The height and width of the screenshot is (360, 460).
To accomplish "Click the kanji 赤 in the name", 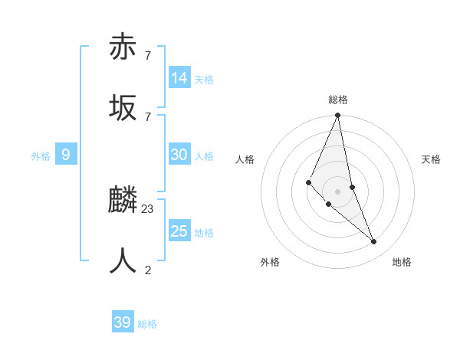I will point(123,47).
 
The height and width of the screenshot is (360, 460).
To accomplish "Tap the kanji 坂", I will point(123,108).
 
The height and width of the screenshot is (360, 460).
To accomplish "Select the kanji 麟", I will point(123,200).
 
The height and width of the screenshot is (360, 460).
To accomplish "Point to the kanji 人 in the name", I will point(123,261).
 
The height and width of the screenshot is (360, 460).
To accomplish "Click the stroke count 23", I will point(148,208).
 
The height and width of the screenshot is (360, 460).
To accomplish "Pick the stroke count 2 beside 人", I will point(148,270).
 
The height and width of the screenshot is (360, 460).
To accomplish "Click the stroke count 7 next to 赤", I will point(148,55).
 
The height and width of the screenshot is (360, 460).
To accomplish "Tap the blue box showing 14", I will point(179,78).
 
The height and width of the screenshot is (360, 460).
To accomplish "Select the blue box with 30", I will point(179,155).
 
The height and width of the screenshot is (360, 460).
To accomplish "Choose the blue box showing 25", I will point(179,231).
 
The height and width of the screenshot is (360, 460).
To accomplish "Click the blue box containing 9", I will point(66,155).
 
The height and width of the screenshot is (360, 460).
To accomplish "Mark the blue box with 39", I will point(123,322).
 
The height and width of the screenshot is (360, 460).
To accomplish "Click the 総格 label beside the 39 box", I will point(147,324).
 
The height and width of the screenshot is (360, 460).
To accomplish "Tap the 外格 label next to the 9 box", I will point(41,156).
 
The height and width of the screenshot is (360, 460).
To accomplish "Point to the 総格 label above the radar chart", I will point(338,100).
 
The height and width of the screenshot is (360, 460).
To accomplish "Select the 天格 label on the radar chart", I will point(431,159).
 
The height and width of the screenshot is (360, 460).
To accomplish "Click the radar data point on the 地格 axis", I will point(374,241).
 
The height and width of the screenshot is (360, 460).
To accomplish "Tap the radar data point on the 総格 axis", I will point(338,116).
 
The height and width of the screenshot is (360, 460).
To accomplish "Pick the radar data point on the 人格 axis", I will point(308,182).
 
